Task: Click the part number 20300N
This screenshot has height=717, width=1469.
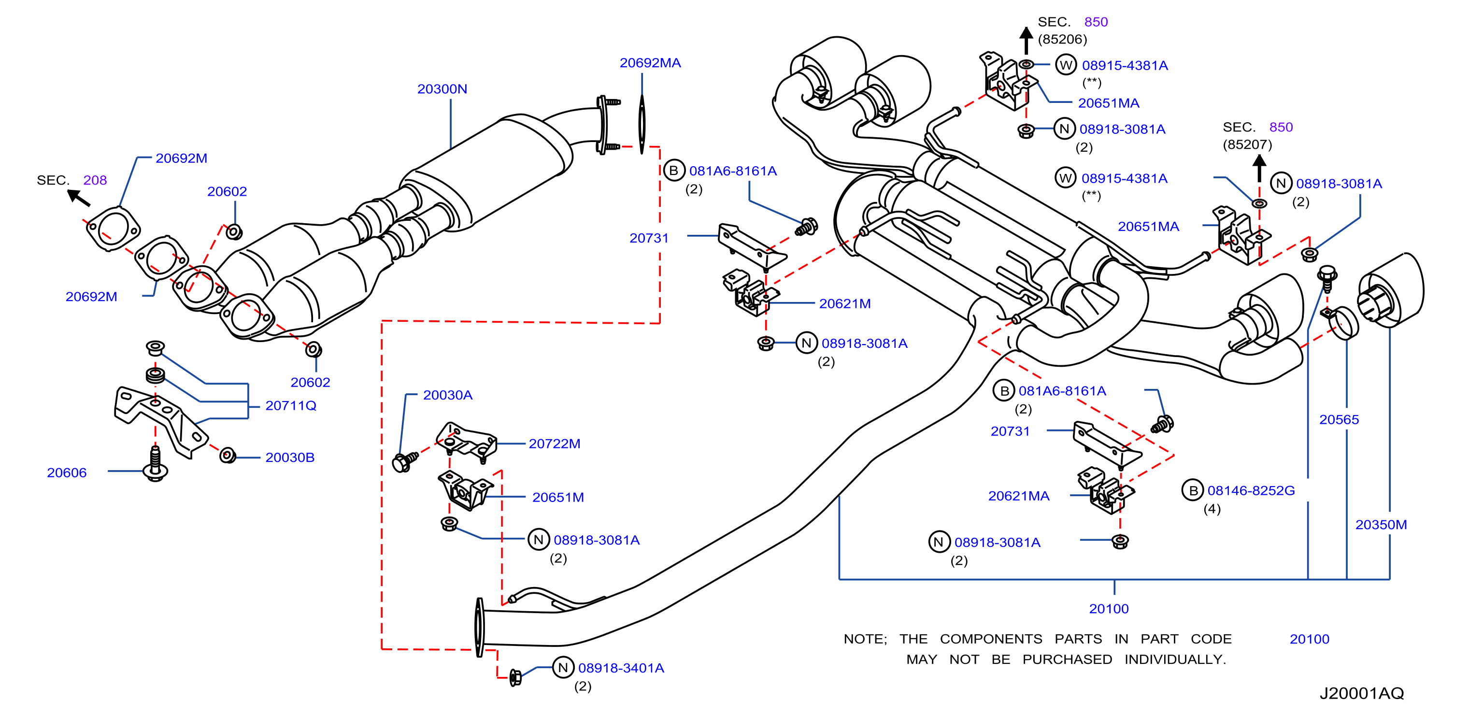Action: coord(442,89)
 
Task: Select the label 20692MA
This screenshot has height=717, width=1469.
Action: coord(650,63)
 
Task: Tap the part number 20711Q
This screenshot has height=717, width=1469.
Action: coord(291,405)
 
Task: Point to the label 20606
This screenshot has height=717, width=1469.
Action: coord(67,473)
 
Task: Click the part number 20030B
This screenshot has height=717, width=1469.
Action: coord(290,458)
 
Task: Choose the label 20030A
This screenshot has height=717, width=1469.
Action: coord(448,395)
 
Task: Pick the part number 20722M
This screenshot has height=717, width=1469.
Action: coord(554,444)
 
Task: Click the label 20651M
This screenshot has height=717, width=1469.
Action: coord(558,497)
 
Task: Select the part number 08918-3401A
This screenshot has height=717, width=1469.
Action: coord(621,668)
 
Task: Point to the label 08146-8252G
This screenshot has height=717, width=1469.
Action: coord(1251,490)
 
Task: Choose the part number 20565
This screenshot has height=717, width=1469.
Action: coord(1339,420)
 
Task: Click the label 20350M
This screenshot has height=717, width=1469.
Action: coord(1381,525)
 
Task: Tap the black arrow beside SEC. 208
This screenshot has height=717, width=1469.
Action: coord(79,197)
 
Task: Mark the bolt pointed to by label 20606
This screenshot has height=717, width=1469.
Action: coord(155,464)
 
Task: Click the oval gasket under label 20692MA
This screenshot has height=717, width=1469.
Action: coord(642,124)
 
